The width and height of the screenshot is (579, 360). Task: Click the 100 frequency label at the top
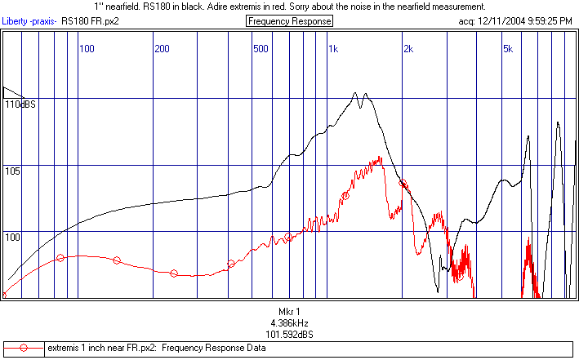(x=87, y=49)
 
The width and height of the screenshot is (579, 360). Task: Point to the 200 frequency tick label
(x=162, y=49)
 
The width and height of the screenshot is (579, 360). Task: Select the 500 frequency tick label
(x=260, y=49)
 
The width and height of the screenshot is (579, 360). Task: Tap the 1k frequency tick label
(x=333, y=49)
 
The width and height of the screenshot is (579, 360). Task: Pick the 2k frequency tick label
(x=408, y=49)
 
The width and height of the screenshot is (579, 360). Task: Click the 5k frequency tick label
(x=507, y=49)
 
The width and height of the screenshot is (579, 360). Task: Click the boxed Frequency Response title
(x=289, y=21)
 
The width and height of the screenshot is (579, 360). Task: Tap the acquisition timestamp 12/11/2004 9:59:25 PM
(x=528, y=21)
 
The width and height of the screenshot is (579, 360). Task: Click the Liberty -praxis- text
(x=30, y=21)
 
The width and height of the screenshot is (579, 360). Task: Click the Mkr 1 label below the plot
(x=289, y=313)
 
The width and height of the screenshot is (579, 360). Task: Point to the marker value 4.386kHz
(x=289, y=323)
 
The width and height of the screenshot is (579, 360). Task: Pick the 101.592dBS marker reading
(x=289, y=334)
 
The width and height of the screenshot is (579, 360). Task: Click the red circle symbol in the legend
(x=24, y=349)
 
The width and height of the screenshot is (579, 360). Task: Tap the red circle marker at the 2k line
(x=403, y=184)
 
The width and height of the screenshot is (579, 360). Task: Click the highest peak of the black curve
(x=357, y=93)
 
